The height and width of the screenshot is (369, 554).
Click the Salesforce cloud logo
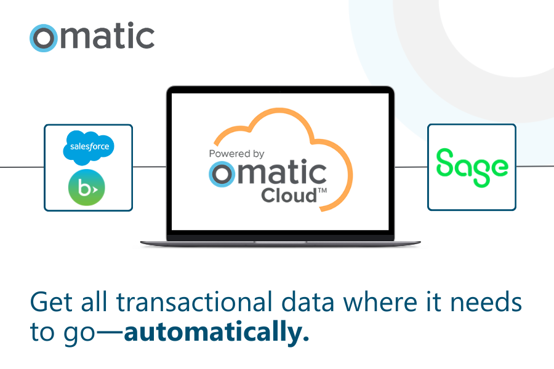(89, 148)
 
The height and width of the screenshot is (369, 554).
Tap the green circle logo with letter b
(87, 187)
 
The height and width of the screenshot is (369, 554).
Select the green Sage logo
(472, 167)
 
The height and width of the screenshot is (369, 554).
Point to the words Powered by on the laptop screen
(237, 154)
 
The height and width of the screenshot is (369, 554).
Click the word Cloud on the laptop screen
(288, 196)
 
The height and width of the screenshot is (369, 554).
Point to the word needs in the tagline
(489, 303)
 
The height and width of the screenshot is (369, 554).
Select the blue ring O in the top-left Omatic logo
(43, 38)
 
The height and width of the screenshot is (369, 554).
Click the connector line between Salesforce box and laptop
(150, 167)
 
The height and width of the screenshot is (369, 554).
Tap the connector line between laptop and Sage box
(411, 167)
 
